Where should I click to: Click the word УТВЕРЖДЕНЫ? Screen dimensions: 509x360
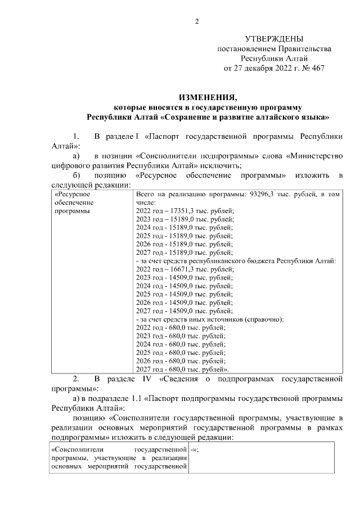pyautogui.click(x=274, y=39)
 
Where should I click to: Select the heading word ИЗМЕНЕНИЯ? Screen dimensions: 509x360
pyautogui.click(x=208, y=97)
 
